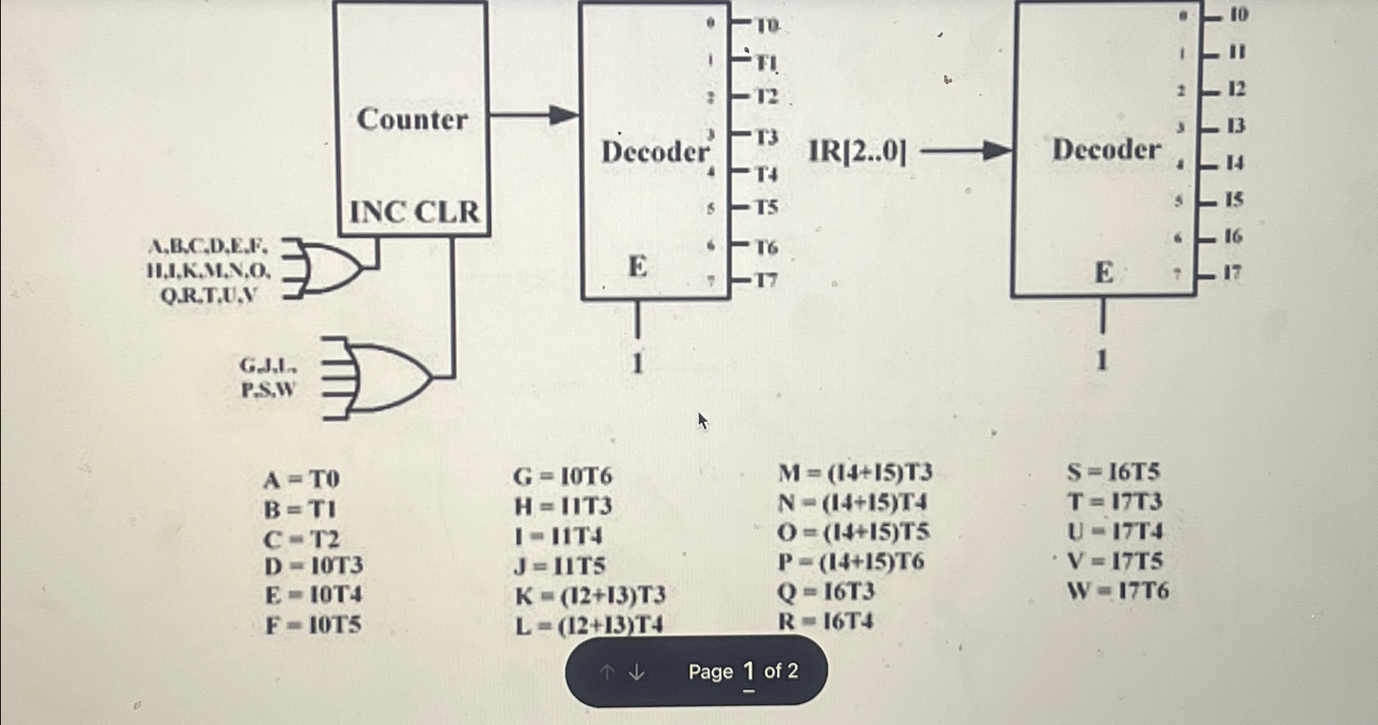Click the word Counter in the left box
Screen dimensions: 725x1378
[x=412, y=119]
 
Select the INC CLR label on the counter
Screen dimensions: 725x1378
[x=414, y=212]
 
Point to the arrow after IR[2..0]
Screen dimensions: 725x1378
[x=967, y=151]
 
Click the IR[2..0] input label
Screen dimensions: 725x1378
[x=857, y=151]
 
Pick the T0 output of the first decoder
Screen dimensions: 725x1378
[x=766, y=26]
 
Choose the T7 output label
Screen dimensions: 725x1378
[x=766, y=281]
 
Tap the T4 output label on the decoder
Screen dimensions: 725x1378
[x=766, y=173]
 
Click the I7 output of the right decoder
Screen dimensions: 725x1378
[x=1233, y=272]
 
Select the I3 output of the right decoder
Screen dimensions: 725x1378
[x=1236, y=126]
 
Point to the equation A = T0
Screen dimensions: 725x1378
[x=301, y=479]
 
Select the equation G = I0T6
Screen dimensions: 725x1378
[x=562, y=476]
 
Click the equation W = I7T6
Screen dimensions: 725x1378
[x=1118, y=590]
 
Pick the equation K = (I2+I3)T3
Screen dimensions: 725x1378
[x=590, y=595]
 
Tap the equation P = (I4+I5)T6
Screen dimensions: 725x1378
[x=851, y=562]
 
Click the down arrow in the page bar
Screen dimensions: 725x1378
[x=637, y=672]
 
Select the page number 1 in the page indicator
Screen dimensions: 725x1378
[x=748, y=672]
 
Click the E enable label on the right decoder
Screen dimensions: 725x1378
[x=1103, y=272]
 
